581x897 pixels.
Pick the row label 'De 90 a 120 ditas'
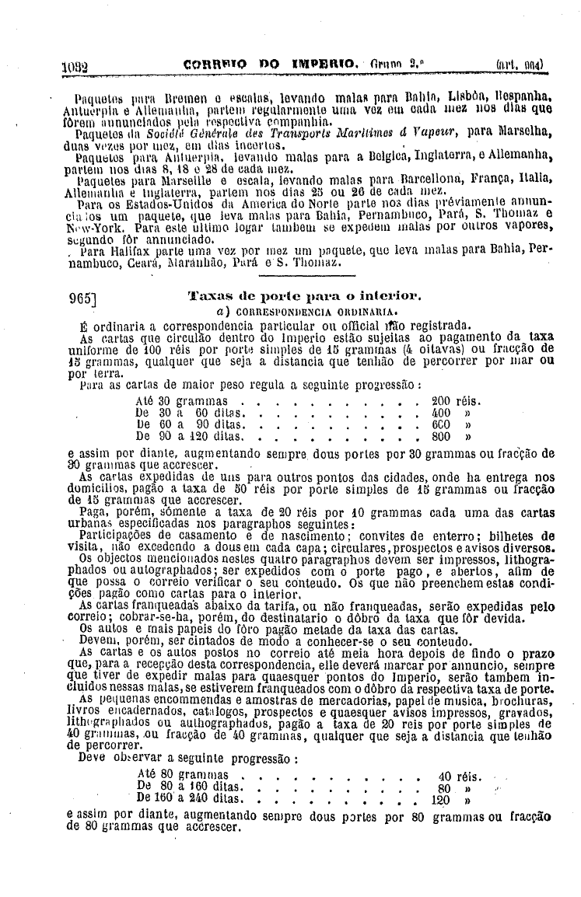point(180,436)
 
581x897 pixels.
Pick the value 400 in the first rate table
point(441,413)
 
